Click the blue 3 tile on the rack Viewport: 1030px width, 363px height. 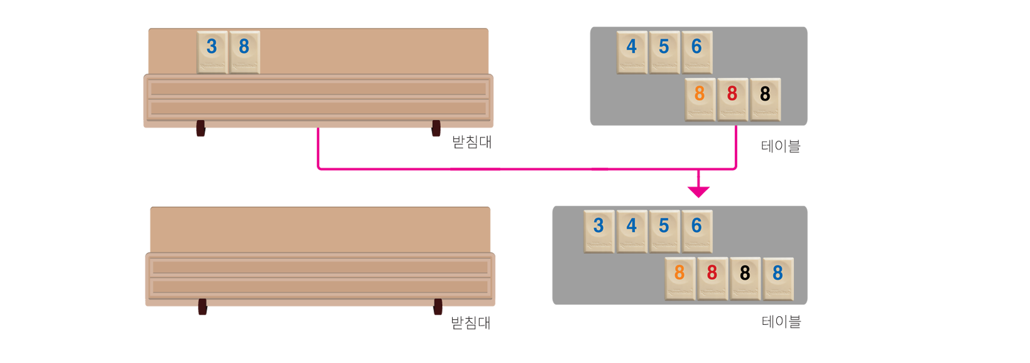pyautogui.click(x=212, y=52)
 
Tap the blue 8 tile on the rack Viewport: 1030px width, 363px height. pyautogui.click(x=244, y=52)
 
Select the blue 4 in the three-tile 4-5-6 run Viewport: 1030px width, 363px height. pyautogui.click(x=632, y=52)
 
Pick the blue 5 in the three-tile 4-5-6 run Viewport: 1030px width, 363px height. pyautogui.click(x=664, y=52)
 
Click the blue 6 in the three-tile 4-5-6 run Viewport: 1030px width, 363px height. pyautogui.click(x=696, y=52)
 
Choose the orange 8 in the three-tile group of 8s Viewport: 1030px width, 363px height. pyautogui.click(x=700, y=99)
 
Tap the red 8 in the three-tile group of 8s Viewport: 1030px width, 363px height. pyautogui.click(x=732, y=99)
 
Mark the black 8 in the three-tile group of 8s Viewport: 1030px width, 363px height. pyautogui.click(x=765, y=99)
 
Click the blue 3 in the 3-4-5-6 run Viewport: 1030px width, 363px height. pyautogui.click(x=599, y=231)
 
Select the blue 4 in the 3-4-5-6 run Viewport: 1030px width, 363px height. pyautogui.click(x=632, y=231)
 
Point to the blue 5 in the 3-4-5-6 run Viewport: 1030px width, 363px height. pyautogui.click(x=664, y=231)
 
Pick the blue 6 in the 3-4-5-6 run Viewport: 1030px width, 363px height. pyautogui.click(x=696, y=231)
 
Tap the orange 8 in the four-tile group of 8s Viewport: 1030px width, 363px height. pyautogui.click(x=680, y=278)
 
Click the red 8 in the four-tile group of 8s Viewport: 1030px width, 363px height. pyautogui.click(x=712, y=278)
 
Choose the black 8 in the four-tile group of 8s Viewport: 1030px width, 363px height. pyautogui.click(x=745, y=278)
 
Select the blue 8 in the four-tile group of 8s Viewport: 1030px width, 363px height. pyautogui.click(x=778, y=278)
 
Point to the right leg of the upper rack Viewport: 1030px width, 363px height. pyautogui.click(x=435, y=136)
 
